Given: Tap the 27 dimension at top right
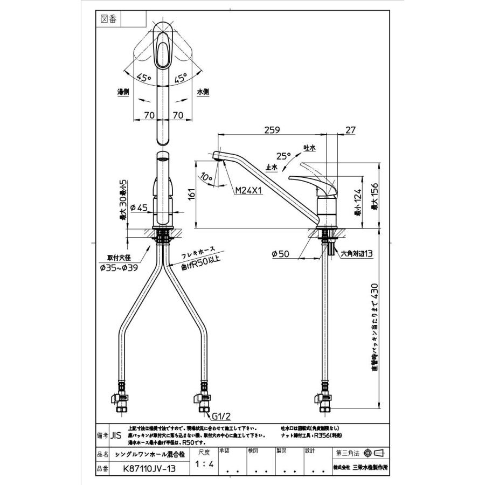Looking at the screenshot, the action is point(351,130).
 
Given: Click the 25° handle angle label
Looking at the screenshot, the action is point(284,156).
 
